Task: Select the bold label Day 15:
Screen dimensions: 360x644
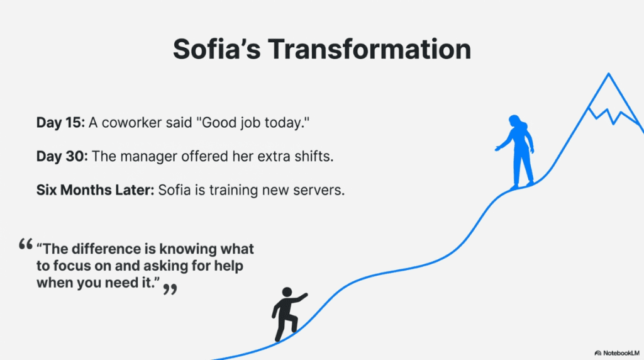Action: click(60, 123)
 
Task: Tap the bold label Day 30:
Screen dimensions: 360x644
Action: click(62, 156)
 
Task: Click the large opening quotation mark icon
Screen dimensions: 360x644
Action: click(26, 244)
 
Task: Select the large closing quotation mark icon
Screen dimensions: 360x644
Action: click(169, 289)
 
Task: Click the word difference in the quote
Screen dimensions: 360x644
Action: click(101, 249)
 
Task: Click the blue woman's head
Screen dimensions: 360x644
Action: click(514, 120)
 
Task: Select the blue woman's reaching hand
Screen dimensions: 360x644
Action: click(498, 148)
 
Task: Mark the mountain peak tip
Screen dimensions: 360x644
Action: click(608, 74)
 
